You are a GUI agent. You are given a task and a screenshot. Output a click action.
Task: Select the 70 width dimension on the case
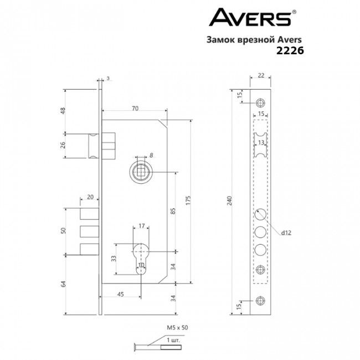(x=135, y=109)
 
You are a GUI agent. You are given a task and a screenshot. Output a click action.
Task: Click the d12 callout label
(x=286, y=234)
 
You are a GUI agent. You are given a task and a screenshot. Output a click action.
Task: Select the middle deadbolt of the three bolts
(x=89, y=231)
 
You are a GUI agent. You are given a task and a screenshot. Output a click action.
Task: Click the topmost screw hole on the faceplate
(x=260, y=103)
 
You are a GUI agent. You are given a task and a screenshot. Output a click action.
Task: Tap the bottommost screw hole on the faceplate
(x=260, y=299)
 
